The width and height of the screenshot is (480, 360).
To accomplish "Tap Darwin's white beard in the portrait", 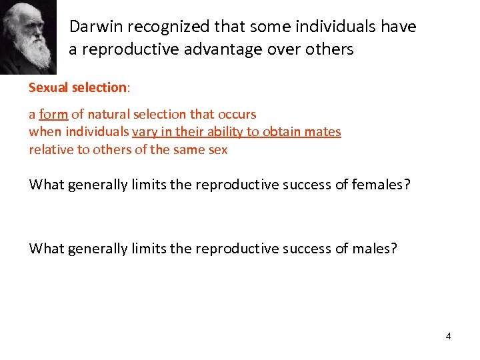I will point(33,53).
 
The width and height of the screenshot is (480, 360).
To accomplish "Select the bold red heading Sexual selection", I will point(77,87).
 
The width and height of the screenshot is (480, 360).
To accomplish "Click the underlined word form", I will point(53,114).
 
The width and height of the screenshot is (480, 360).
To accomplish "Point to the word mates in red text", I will point(323,131).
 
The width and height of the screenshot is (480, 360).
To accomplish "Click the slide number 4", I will point(448,336).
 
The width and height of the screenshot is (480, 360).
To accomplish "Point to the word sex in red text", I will point(218,149).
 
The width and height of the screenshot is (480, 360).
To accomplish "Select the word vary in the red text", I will point(145,131).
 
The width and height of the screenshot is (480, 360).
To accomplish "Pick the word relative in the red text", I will point(51,149).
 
